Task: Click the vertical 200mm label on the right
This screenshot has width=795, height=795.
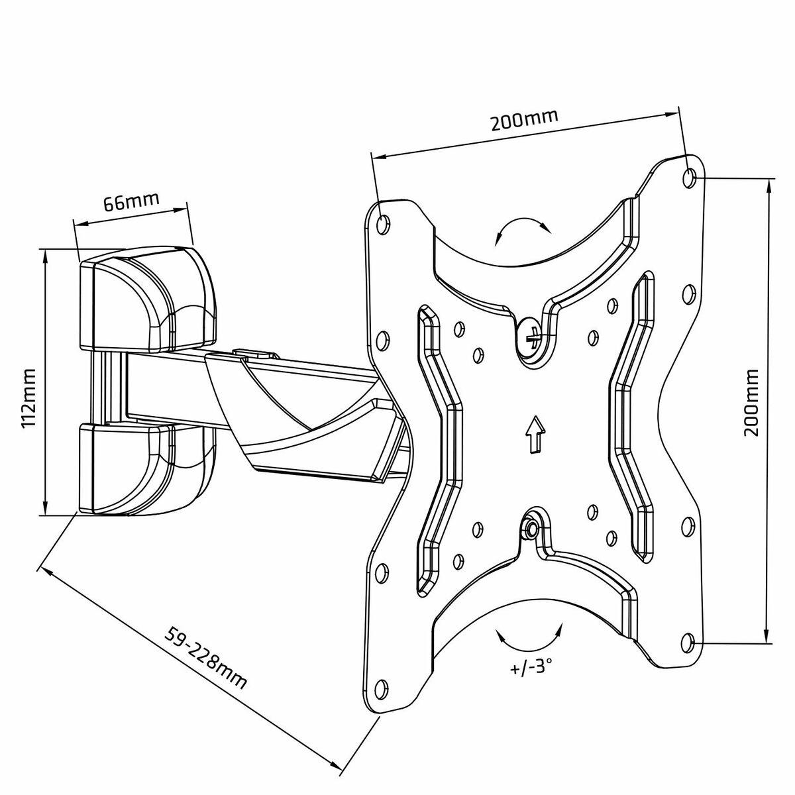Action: tap(750, 403)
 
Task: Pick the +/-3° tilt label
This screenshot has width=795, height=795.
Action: tap(532, 666)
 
